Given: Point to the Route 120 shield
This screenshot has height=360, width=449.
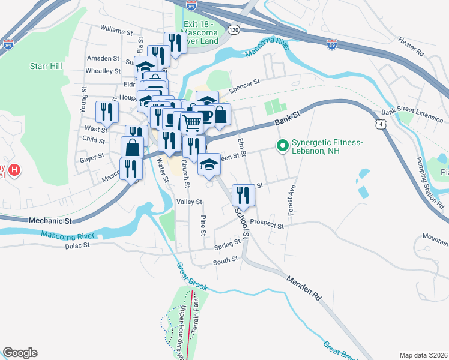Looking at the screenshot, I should coord(234,29).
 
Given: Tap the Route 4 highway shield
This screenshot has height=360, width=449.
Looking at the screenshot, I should coord(381,124).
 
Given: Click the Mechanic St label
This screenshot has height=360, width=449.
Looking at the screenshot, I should coord(50,221).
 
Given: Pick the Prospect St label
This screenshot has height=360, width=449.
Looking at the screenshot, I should coord(267,223).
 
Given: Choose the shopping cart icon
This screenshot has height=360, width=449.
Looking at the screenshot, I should coord(191,123).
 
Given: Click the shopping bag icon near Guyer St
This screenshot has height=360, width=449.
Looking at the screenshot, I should coord(132,147).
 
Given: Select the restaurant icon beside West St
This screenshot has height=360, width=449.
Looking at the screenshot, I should coord(107,111).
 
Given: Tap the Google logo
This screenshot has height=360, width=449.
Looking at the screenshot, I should coord(20,352).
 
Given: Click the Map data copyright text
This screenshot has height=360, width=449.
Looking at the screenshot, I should coord(423,355).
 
